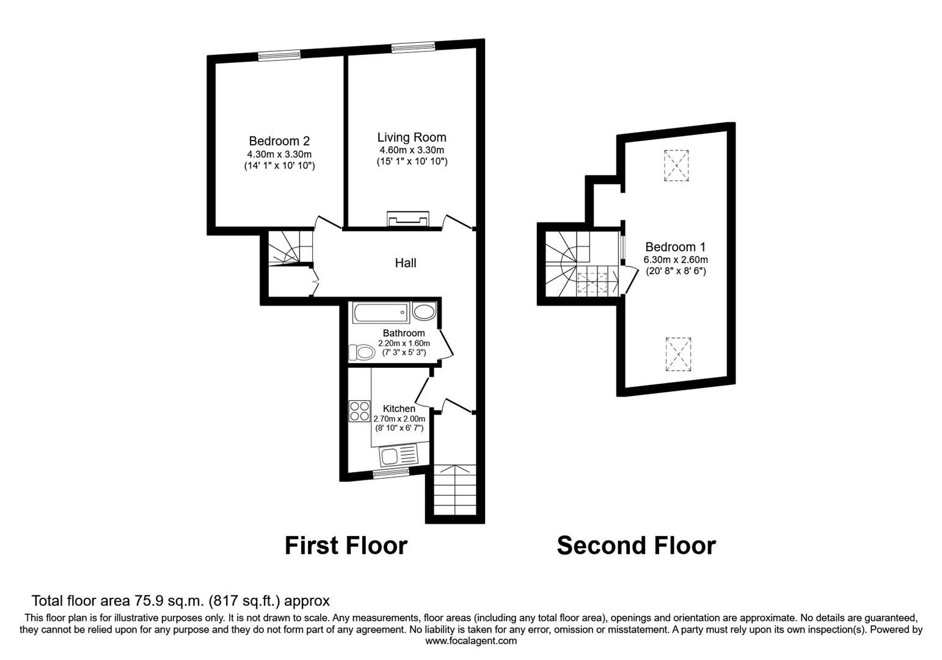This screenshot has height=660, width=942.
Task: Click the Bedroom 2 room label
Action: (279, 141)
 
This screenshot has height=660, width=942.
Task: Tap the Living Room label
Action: (411, 137)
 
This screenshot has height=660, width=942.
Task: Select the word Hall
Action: (406, 263)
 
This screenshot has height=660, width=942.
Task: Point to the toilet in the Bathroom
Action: (362, 353)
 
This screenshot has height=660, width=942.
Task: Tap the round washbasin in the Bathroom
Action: (424, 312)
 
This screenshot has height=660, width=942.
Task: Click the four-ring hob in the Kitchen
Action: (359, 411)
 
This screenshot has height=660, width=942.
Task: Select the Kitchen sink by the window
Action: (398, 455)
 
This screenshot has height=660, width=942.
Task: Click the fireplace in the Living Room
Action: (408, 219)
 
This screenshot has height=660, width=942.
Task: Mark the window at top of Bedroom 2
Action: (279, 56)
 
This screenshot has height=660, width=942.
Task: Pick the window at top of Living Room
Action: (413, 47)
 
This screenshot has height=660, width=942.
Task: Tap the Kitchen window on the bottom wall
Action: (391, 472)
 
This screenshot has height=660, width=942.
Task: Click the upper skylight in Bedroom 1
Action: (677, 165)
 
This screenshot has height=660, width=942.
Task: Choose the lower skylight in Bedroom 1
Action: (678, 354)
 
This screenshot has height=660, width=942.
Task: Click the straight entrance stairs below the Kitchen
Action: (455, 491)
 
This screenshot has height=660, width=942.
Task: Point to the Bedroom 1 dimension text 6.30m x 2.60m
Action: (676, 260)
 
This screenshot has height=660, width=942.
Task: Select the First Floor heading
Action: (346, 545)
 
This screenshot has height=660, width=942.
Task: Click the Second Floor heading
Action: (636, 545)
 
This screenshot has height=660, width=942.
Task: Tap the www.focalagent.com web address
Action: (470, 641)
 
